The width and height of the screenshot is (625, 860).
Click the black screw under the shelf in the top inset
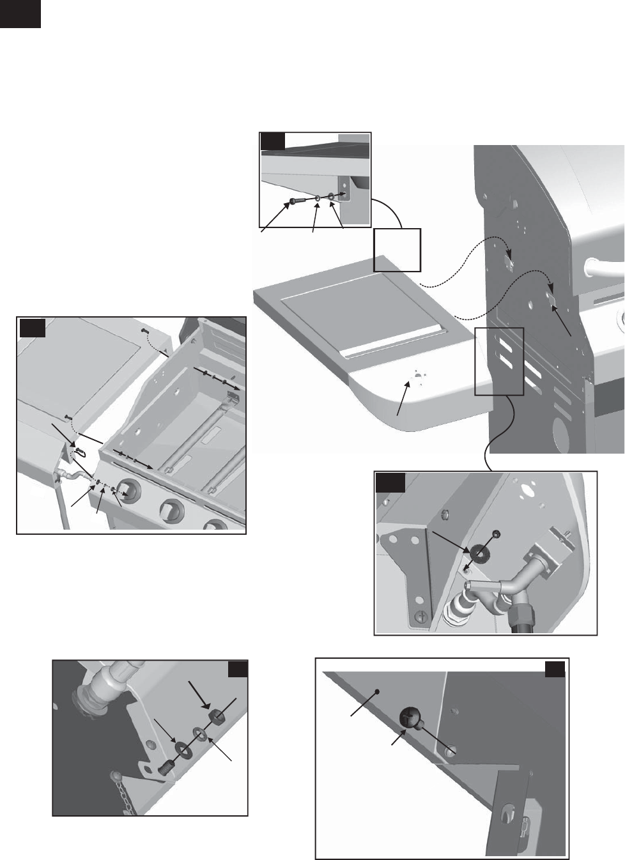(x=293, y=201)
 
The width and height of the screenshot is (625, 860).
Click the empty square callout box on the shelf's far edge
(x=397, y=249)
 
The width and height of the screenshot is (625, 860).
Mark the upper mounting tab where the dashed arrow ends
(x=509, y=263)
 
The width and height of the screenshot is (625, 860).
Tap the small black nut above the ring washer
(x=495, y=534)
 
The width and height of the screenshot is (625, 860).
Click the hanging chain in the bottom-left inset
(x=132, y=795)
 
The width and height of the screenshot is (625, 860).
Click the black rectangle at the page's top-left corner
(x=20, y=13)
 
